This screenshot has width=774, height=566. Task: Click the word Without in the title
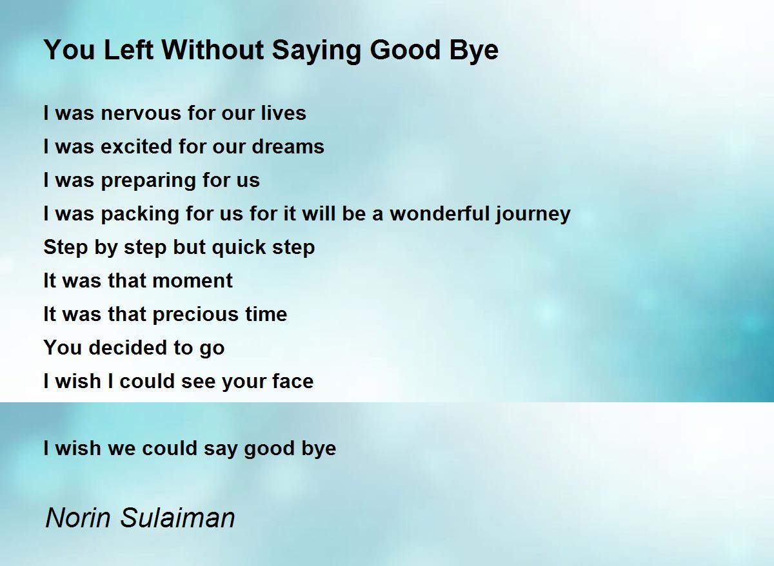point(213,50)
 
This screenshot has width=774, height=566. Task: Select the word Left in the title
point(128,50)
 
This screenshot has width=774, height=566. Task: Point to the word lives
point(283,113)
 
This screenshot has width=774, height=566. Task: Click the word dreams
point(288,146)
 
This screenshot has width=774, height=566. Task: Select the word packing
point(140,214)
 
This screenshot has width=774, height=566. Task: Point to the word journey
point(533,214)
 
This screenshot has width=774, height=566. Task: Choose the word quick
point(239,248)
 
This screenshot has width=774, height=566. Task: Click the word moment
point(192,281)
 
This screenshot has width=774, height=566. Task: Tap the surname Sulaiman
point(177,518)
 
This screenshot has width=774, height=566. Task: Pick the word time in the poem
point(266,314)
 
